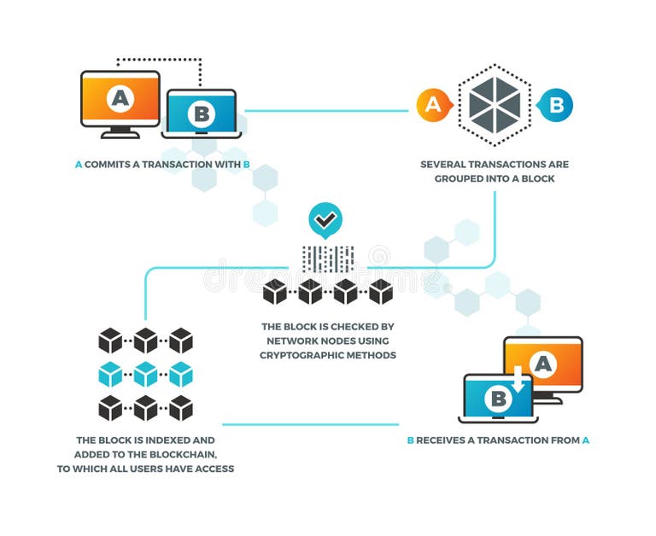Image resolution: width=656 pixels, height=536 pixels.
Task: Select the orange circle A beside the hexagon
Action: point(433,105)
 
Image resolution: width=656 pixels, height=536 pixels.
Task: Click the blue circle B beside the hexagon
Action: point(556,105)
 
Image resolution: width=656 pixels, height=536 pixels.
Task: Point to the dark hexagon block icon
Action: point(495,105)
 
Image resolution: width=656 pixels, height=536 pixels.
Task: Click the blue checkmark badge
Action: point(325,220)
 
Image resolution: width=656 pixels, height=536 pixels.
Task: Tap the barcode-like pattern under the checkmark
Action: point(327,258)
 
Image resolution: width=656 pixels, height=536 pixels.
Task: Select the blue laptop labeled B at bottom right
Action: point(498,399)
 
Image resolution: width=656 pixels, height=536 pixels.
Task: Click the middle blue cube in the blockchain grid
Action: point(145,374)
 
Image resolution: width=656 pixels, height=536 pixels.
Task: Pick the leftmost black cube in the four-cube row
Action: point(275,292)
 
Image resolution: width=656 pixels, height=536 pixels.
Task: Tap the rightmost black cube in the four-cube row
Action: point(381,292)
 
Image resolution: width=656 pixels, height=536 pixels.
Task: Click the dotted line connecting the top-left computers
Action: point(159,61)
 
